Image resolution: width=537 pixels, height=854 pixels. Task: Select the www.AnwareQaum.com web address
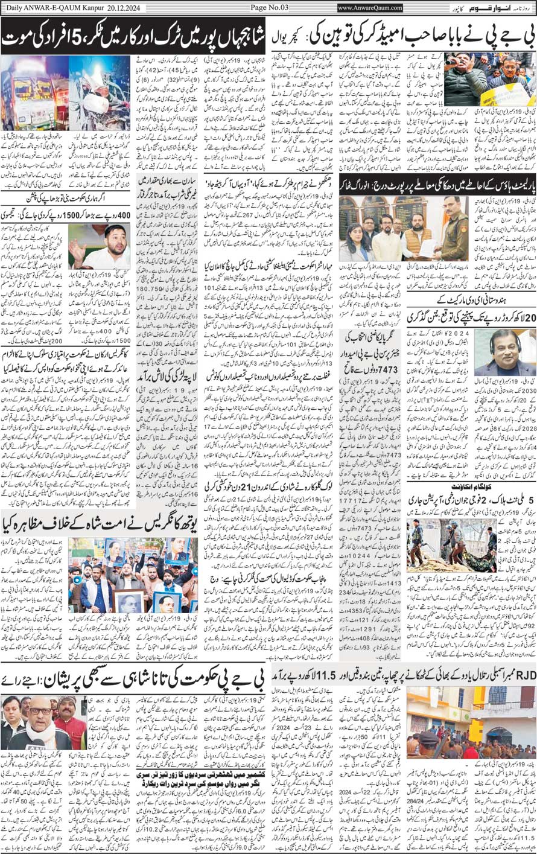point(370,8)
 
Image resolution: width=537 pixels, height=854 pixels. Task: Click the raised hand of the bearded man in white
point(75,247)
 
